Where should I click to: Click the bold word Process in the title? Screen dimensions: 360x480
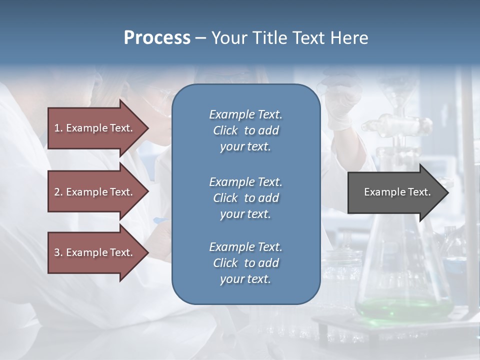[157, 38]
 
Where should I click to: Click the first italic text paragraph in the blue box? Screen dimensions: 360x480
[245, 130]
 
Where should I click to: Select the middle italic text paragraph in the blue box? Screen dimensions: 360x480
[245, 198]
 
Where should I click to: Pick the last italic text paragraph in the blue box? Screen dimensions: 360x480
[245, 263]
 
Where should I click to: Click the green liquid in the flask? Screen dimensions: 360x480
[403, 307]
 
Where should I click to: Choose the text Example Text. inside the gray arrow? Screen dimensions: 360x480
[397, 192]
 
